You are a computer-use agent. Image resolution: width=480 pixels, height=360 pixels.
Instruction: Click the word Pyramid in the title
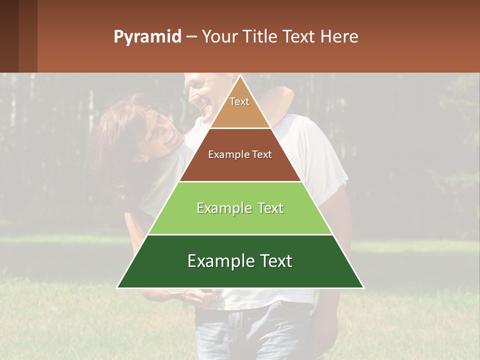click(147, 37)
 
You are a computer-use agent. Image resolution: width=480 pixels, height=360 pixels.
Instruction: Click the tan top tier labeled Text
click(240, 107)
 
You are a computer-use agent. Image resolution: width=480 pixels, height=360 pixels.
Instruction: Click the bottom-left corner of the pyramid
click(118, 287)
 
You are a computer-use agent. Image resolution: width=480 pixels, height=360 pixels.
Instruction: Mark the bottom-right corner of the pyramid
click(362, 287)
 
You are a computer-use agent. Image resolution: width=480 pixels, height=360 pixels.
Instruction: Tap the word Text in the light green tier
click(267, 208)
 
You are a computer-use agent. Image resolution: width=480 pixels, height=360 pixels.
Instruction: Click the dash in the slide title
click(191, 37)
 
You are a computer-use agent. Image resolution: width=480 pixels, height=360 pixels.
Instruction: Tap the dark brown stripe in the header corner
click(9, 36)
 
